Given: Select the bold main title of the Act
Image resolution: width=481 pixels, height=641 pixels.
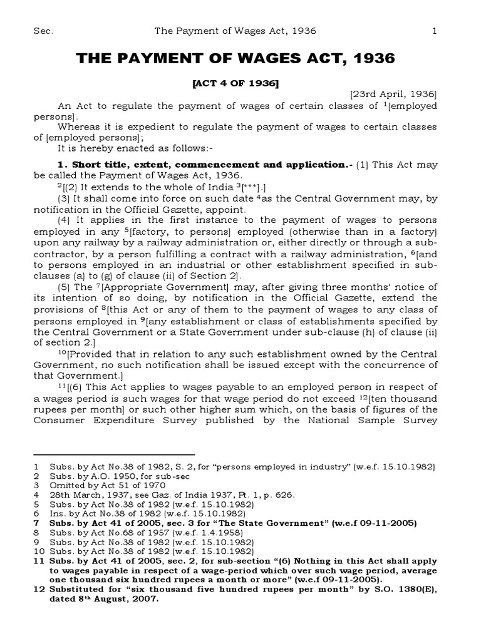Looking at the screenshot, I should click(x=235, y=59).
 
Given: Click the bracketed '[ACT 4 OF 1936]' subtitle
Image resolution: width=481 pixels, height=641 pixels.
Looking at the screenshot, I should click(x=235, y=83).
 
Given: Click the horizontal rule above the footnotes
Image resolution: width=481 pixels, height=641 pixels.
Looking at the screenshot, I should click(x=114, y=454).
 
